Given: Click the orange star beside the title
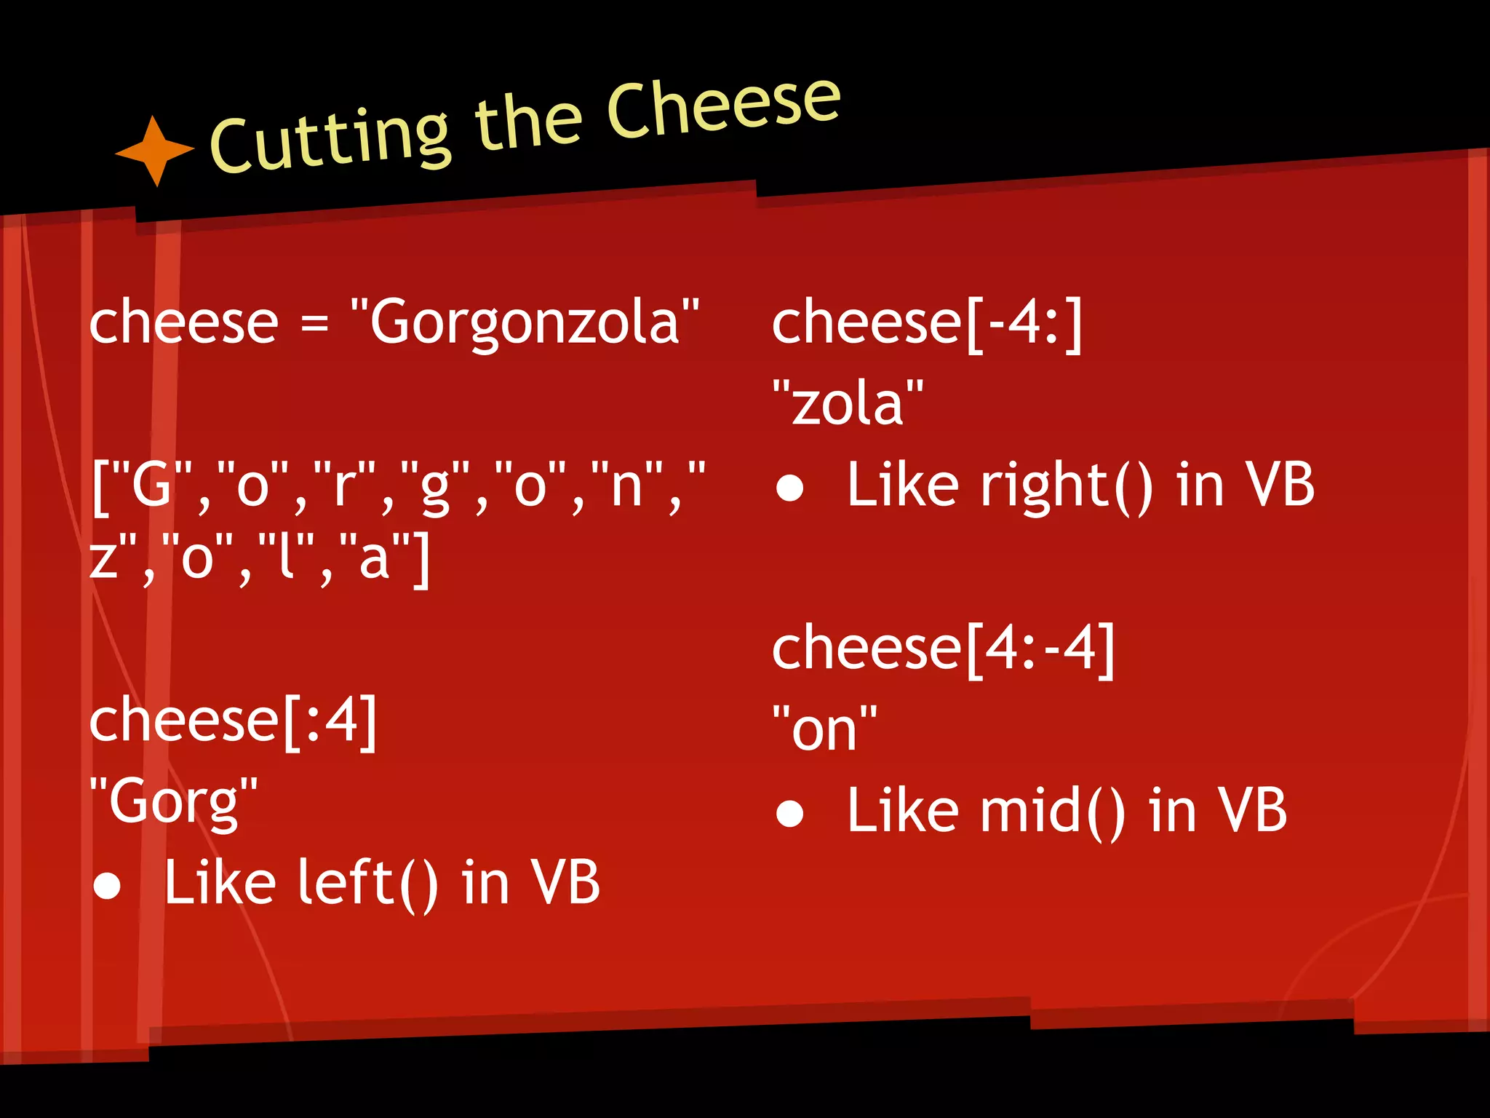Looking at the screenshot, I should (155, 151).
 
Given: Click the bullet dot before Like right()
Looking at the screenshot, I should (789, 488).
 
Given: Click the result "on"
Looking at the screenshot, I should (824, 729).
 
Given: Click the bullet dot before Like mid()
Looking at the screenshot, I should (789, 814).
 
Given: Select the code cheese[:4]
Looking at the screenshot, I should (233, 719).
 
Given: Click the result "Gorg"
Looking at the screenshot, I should (173, 801).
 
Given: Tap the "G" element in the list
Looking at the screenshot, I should (151, 485).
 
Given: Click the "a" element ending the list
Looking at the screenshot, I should (374, 559).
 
